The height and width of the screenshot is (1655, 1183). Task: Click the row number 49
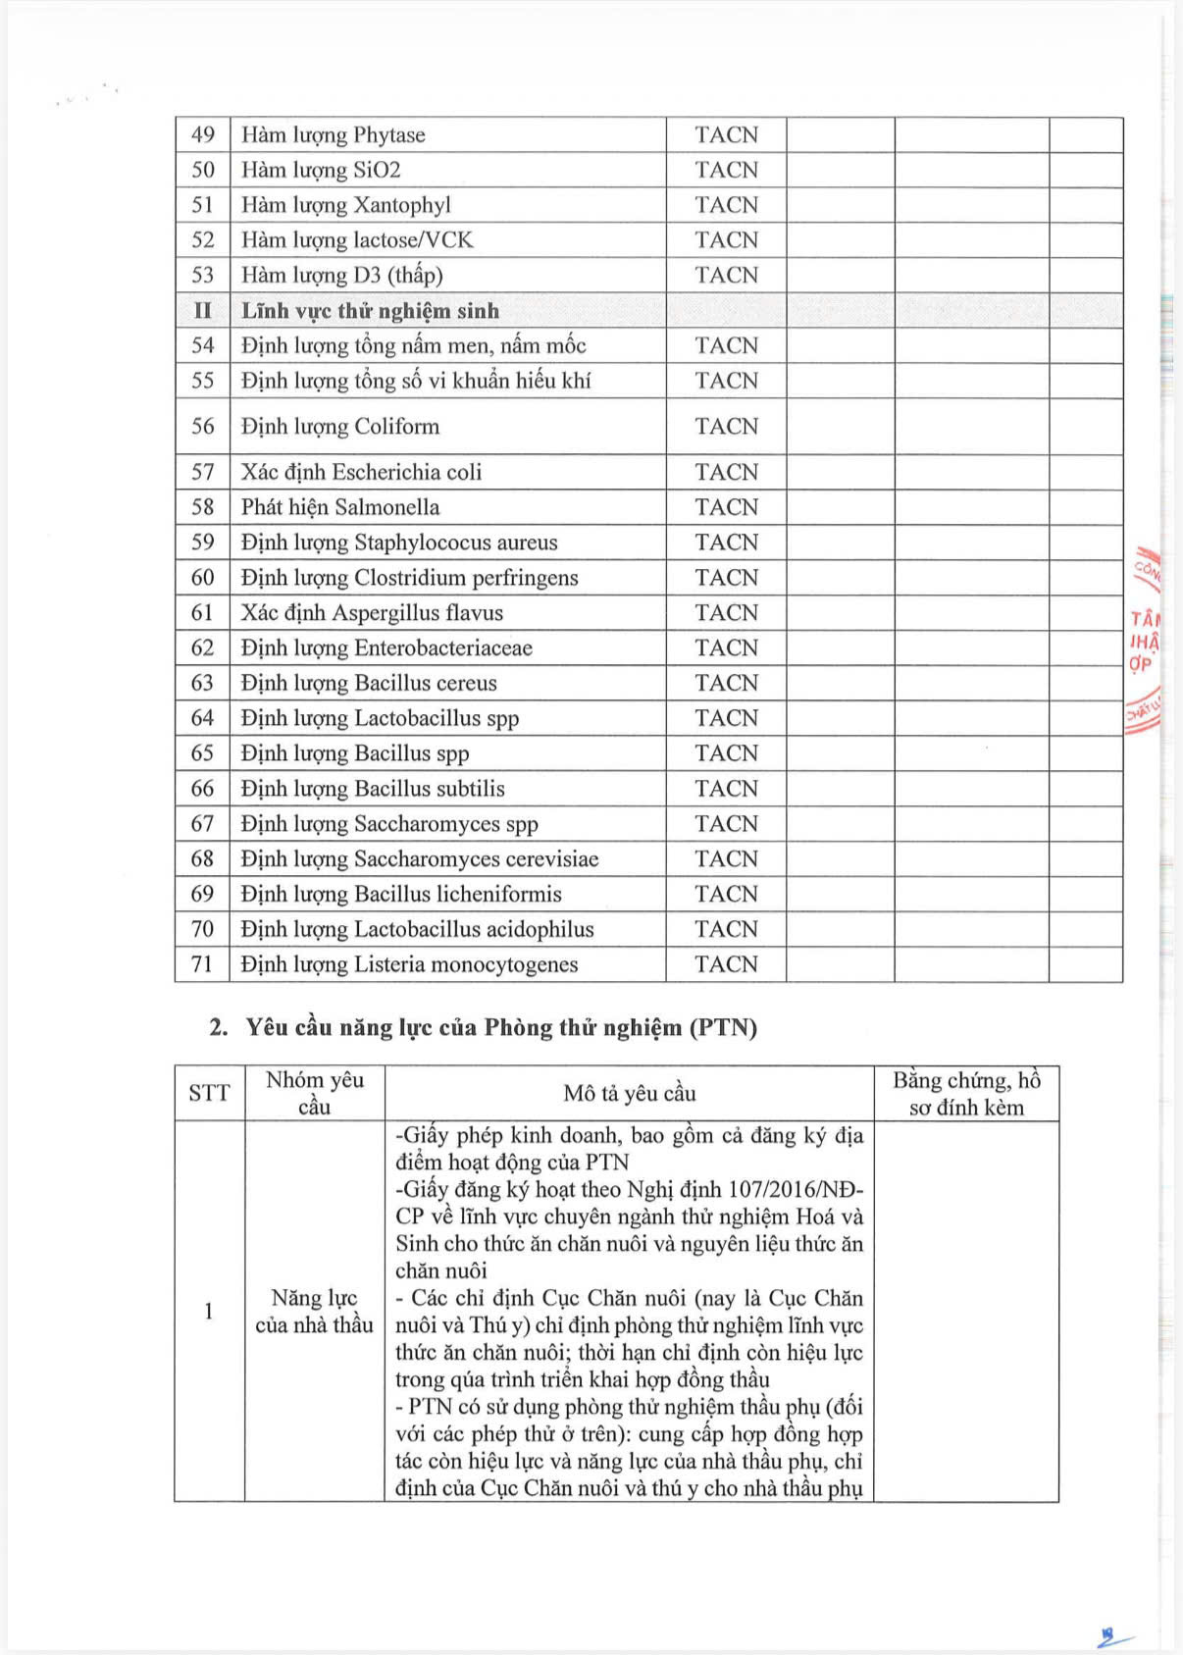point(202,134)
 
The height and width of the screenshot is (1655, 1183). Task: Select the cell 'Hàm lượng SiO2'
point(321,170)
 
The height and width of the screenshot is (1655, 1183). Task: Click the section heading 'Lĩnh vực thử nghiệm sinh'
point(370,311)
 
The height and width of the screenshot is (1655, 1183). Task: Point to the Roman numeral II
point(202,311)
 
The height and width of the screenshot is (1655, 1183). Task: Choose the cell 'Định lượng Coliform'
point(339,426)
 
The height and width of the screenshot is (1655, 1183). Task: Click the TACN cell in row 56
point(726,426)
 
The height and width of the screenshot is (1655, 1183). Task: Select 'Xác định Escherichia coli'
point(361,472)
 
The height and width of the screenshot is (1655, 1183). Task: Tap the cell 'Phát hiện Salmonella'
point(339,507)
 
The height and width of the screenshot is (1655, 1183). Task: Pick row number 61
point(202,612)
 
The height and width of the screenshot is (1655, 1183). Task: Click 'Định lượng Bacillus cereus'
point(369,683)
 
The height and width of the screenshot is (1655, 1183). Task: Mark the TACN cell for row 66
point(726,788)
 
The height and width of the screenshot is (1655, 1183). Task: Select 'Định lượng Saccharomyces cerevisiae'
point(419,858)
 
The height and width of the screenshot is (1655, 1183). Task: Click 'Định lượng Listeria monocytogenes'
point(409,964)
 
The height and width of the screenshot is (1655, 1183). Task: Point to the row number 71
point(202,964)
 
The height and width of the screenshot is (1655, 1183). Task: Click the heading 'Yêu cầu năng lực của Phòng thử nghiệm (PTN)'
point(500,1027)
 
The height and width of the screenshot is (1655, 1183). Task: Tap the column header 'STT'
point(209,1093)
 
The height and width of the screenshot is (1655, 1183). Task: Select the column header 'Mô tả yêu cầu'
point(629,1093)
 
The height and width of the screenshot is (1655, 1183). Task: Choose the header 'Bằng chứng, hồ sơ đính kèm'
point(966,1093)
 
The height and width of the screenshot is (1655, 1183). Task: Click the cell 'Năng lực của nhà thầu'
point(314,1312)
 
